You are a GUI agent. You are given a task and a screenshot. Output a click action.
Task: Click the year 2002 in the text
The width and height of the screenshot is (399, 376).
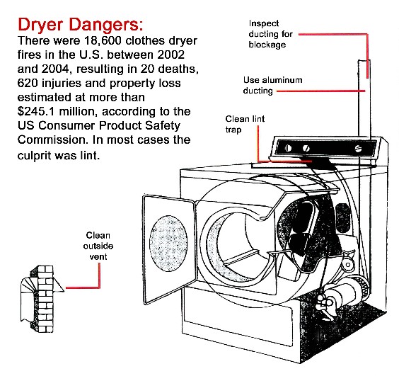click(x=179, y=55)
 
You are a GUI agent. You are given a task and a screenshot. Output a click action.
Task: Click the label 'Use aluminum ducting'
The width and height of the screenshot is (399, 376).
click(x=273, y=85)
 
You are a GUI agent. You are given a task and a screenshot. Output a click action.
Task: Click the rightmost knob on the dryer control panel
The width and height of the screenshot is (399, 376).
click(x=361, y=149)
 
